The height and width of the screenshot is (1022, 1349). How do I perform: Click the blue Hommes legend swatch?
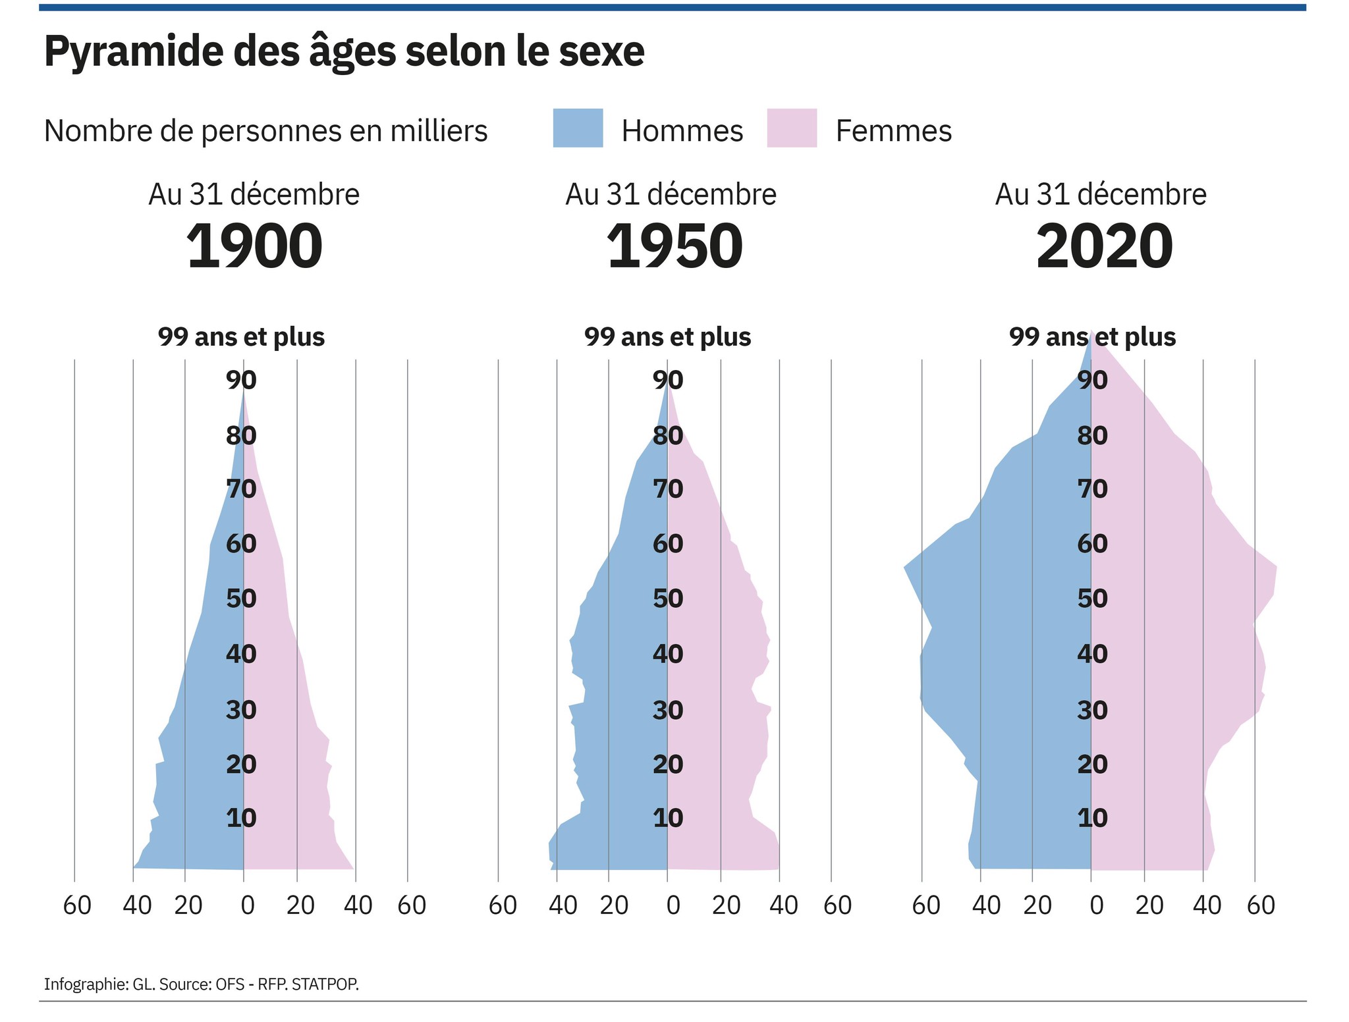(x=578, y=128)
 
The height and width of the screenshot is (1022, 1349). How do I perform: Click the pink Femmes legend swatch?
(x=792, y=128)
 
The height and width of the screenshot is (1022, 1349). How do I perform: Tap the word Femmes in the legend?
(x=893, y=131)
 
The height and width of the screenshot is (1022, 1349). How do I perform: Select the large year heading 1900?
(x=254, y=246)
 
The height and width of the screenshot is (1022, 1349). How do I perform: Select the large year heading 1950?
(x=674, y=246)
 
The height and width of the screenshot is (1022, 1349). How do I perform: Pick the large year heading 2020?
(x=1104, y=246)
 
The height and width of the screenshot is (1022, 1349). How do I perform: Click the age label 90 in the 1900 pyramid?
(x=241, y=380)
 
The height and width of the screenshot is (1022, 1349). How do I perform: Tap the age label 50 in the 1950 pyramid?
(x=668, y=599)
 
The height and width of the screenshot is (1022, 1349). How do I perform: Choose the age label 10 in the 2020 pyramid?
(x=1092, y=818)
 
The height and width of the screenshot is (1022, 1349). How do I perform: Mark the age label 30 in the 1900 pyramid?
(x=241, y=710)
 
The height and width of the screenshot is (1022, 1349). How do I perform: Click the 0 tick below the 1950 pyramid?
(x=673, y=905)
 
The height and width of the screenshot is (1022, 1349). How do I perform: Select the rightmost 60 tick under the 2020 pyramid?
(x=1261, y=905)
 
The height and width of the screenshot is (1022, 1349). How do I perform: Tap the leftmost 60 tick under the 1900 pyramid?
(x=77, y=905)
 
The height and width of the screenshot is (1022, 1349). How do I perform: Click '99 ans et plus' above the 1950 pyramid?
(x=667, y=337)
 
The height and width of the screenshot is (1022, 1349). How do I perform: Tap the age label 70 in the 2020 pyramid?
(x=1092, y=489)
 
